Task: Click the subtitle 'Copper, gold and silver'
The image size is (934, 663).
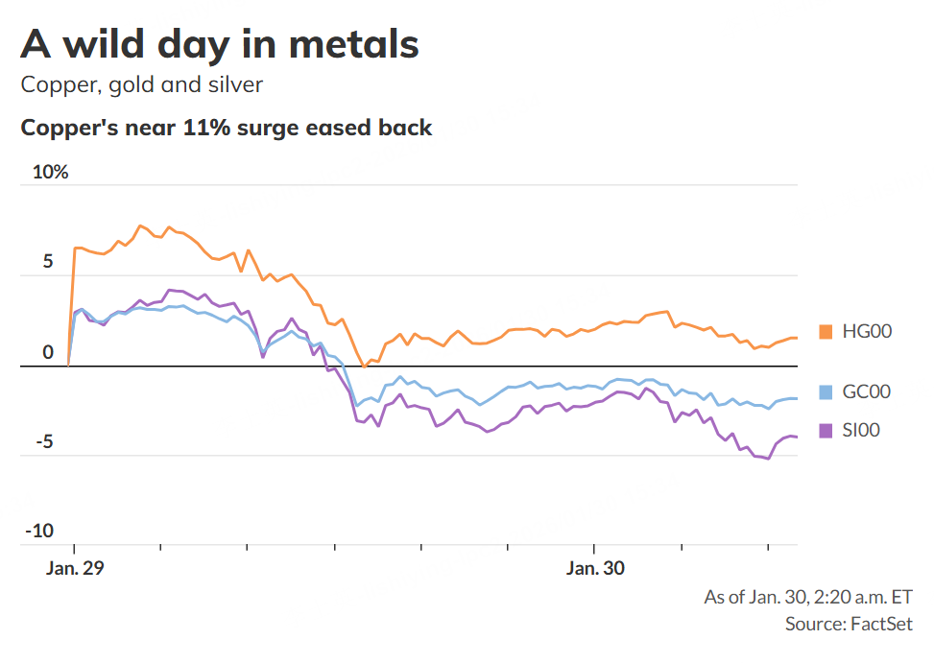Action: [141, 84]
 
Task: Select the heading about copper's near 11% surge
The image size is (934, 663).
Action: [227, 128]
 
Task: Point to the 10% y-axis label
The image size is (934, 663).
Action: [50, 173]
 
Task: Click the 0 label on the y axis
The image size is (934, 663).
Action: [48, 352]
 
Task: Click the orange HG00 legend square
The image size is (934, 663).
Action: [825, 331]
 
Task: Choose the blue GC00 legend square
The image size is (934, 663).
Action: [825, 391]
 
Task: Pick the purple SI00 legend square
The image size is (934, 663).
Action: [825, 431]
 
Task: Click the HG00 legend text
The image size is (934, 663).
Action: [868, 332]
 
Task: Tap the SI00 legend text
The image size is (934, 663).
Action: [861, 431]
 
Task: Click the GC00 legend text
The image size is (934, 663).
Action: [867, 391]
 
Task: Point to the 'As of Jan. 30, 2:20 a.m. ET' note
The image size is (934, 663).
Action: [808, 597]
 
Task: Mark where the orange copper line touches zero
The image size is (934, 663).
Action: [365, 367]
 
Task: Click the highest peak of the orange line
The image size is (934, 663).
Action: [140, 225]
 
